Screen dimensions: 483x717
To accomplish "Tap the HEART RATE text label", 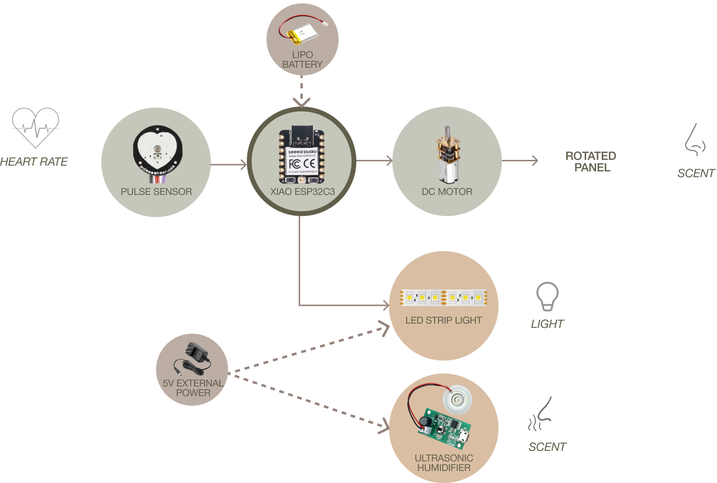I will [x=34, y=162].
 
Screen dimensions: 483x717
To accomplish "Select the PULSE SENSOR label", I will [x=156, y=192].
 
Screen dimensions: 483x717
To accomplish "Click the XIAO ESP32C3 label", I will [x=302, y=192].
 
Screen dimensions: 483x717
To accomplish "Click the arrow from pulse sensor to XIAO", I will [x=229, y=165].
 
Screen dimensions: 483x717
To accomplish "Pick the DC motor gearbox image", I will [x=447, y=155].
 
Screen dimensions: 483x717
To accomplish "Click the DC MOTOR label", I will [x=447, y=192].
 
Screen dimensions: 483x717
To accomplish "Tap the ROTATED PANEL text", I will [x=591, y=162].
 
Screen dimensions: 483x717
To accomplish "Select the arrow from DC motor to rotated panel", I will [x=520, y=161].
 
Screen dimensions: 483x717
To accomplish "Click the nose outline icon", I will [x=694, y=140].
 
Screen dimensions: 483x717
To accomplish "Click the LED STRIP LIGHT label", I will [x=443, y=320].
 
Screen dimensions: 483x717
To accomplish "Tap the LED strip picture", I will [x=444, y=298].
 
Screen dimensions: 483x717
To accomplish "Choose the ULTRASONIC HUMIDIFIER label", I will [x=444, y=463].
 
